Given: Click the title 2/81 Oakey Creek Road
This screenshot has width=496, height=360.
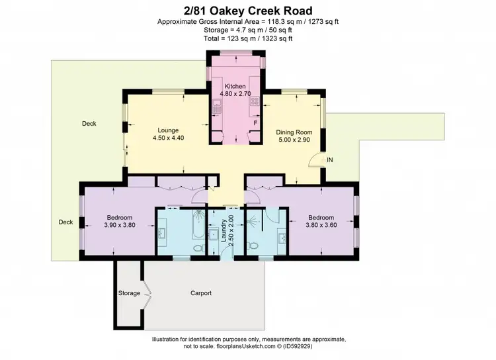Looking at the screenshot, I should point(248,11).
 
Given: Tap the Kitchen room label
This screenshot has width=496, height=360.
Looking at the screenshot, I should point(235,87).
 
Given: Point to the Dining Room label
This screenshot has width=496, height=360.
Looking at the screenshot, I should point(294,132).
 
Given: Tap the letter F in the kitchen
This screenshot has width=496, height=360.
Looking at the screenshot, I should point(255,123).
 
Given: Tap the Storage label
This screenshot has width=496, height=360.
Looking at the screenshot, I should point(130,292).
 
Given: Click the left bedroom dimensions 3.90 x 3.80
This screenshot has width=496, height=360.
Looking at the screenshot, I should point(120,225).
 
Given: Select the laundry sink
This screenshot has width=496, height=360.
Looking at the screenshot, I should point(214,234).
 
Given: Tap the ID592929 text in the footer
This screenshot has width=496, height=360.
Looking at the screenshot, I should point(329,345).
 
